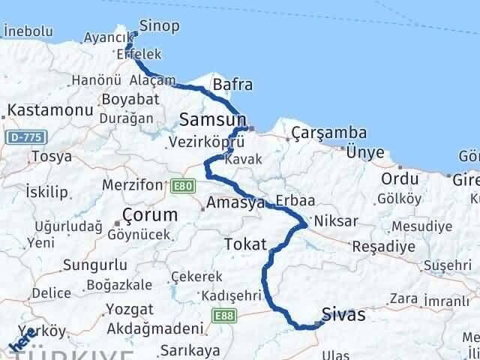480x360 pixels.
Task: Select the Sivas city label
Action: (343, 314)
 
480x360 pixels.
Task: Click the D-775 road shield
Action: (28, 137)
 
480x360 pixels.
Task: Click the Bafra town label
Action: (232, 85)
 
